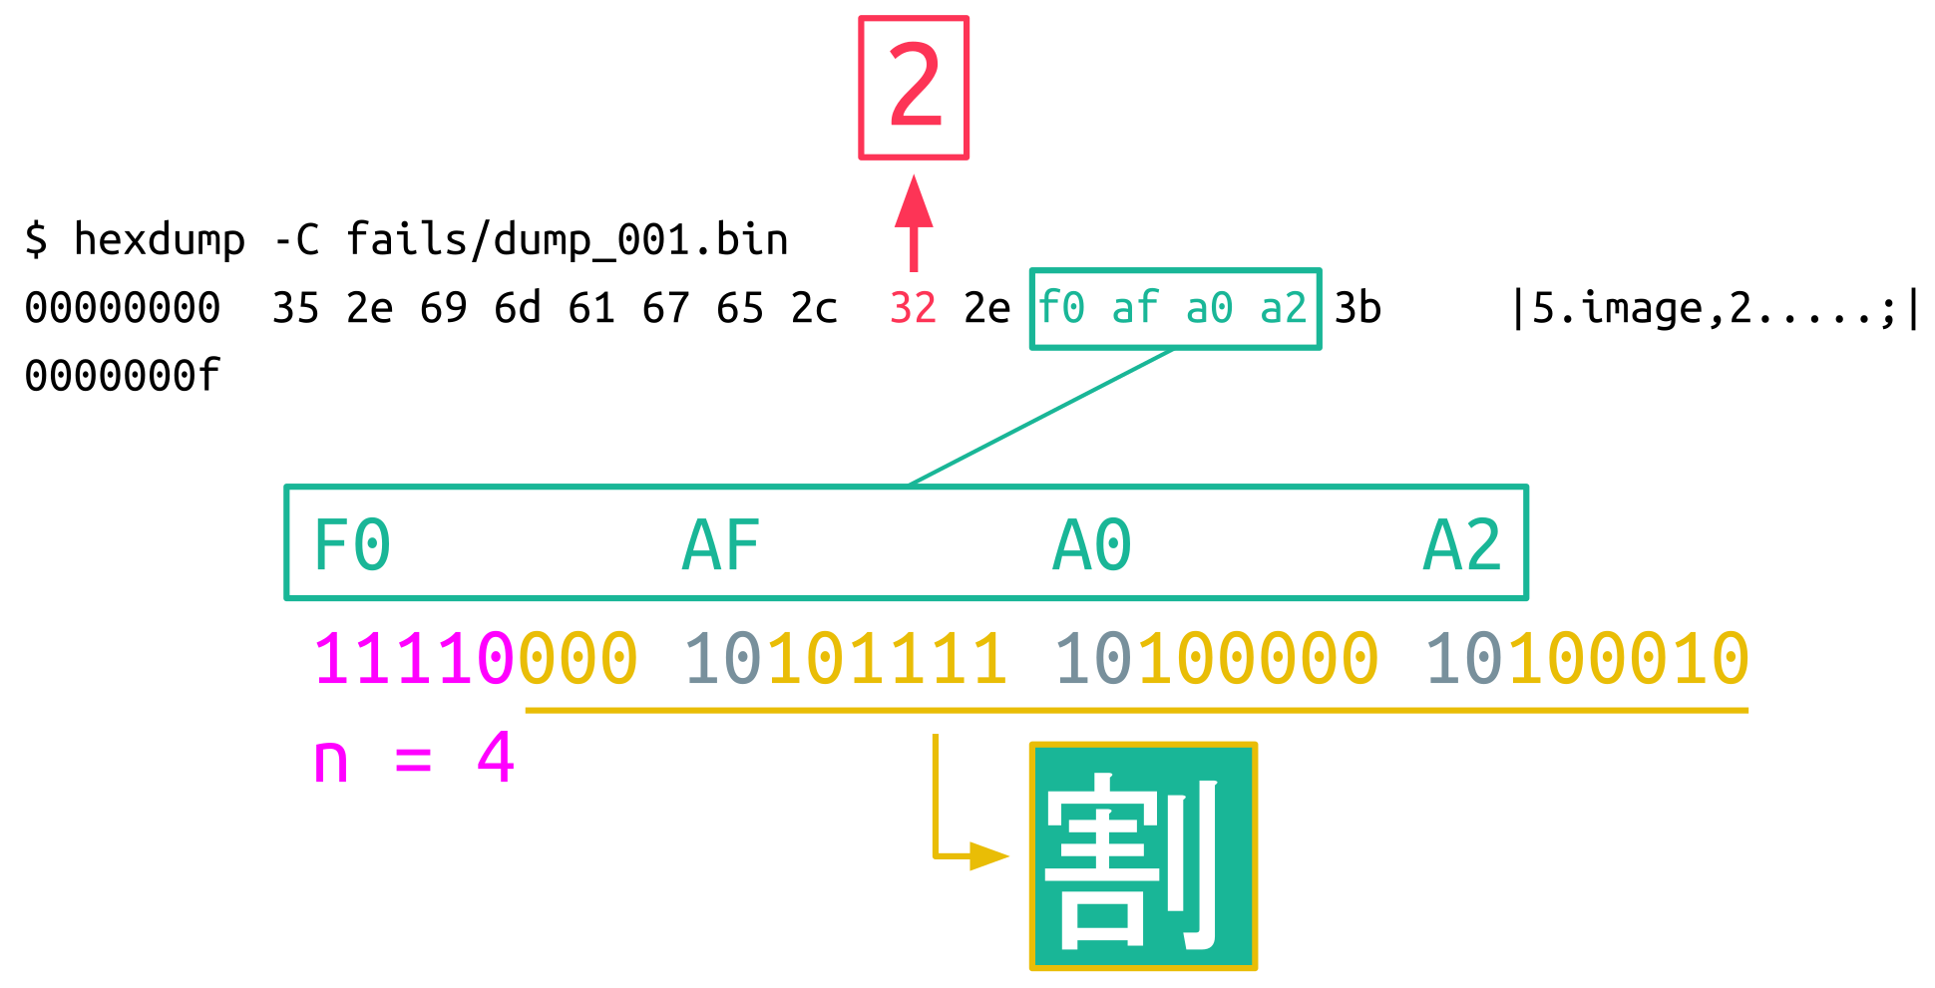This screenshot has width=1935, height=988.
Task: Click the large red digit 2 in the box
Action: [914, 88]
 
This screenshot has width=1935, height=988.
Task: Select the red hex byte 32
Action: [913, 309]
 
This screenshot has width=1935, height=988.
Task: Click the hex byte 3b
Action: [1357, 309]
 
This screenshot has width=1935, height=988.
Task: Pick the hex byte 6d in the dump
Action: [518, 309]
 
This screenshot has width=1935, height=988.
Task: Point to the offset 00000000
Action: [122, 309]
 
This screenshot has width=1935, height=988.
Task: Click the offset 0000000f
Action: [122, 377]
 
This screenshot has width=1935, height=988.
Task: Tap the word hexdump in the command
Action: [160, 240]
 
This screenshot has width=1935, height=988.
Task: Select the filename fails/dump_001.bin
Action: [567, 240]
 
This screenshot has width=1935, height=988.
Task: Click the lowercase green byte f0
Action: [1061, 309]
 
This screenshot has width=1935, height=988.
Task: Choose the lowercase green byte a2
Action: [1284, 309]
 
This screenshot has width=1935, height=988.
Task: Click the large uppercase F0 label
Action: [352, 545]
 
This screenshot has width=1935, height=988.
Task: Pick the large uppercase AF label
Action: [721, 545]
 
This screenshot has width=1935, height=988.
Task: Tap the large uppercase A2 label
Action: [1462, 545]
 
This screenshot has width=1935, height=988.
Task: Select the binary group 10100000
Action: [1216, 660]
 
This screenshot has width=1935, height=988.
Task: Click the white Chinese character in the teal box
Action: [1142, 856]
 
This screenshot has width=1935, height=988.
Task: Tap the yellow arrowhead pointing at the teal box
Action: [988, 855]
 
